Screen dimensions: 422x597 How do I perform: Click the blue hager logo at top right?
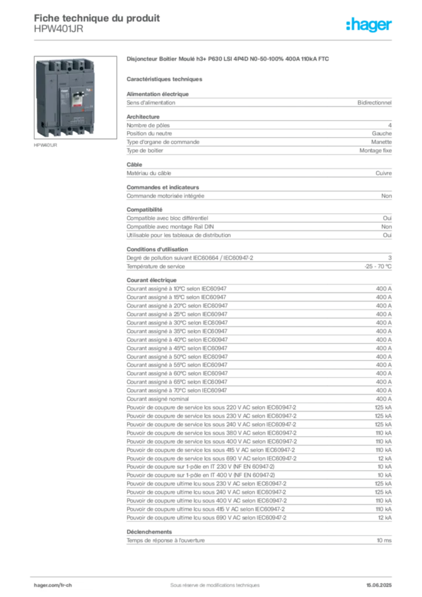point(370,26)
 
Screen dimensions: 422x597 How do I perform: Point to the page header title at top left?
point(96,16)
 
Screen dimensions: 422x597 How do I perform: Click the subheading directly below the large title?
point(166,79)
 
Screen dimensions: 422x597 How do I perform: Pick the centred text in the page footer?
point(210,582)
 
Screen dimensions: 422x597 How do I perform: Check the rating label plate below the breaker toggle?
point(77,120)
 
